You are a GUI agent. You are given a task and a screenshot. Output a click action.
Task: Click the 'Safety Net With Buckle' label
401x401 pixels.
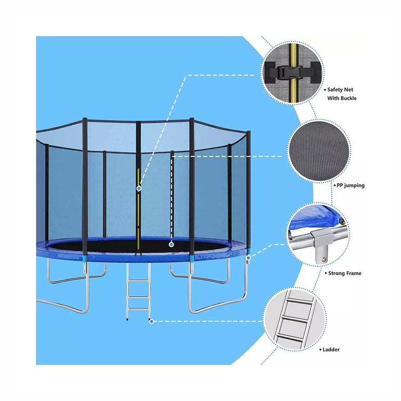(x=342, y=94)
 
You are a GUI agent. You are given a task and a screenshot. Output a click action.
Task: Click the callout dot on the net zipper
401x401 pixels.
(x=139, y=188)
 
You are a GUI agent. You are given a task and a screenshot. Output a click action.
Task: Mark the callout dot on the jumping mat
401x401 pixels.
(x=172, y=245)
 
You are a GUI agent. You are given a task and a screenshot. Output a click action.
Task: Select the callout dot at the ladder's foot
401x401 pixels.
(x=151, y=321)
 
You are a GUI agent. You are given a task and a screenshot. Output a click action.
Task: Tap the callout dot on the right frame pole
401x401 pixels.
(x=249, y=258)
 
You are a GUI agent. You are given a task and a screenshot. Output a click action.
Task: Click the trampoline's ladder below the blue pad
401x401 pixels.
(x=139, y=291)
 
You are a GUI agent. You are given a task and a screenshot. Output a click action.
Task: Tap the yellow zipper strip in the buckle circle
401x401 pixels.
(x=294, y=74)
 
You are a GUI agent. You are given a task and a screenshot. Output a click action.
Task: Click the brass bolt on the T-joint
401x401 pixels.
(x=324, y=260)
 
